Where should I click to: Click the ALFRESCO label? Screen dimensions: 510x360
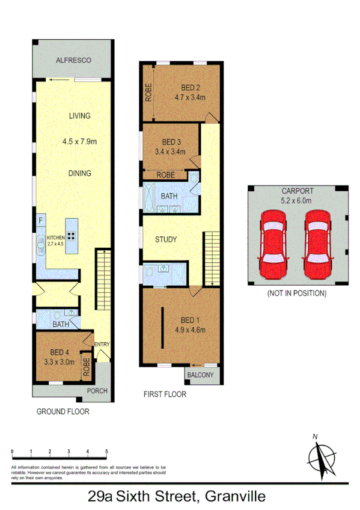[73, 60]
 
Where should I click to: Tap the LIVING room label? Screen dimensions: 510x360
[79, 115]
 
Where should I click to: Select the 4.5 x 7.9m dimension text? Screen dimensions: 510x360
[79, 143]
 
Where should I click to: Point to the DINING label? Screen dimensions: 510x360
[79, 173]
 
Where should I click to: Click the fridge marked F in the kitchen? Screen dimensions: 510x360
[40, 221]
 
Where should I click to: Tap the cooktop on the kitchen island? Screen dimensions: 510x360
[71, 236]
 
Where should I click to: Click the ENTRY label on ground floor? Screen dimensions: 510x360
[102, 344]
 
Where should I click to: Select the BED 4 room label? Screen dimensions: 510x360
[61, 352]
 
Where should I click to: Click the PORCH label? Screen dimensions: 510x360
[97, 391]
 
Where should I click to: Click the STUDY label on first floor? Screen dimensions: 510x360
[166, 239]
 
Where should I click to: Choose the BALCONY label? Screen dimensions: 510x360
[200, 375]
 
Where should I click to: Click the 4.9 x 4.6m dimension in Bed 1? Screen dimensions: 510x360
[190, 329]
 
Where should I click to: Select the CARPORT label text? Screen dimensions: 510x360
[296, 191]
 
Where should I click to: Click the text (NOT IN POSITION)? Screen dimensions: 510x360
[296, 293]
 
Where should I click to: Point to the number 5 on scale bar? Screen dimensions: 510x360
[106, 451]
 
